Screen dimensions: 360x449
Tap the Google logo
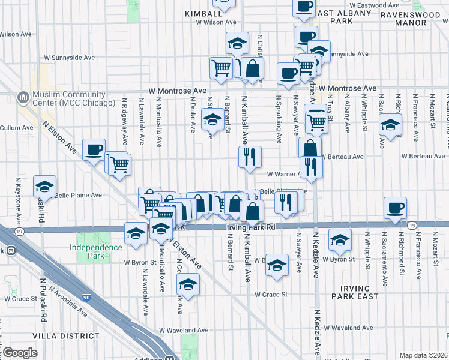[x=19, y=353]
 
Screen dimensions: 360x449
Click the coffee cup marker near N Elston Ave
[x=94, y=150]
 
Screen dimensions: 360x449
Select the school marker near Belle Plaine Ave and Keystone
[x=45, y=187]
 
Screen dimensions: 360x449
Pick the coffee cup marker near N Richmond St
[x=395, y=208]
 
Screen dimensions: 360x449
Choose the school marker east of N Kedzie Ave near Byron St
[x=340, y=241]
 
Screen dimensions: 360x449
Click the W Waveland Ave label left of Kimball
[x=184, y=330]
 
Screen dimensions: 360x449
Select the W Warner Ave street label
[x=284, y=173]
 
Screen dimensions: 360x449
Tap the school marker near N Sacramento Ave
[x=391, y=127]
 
